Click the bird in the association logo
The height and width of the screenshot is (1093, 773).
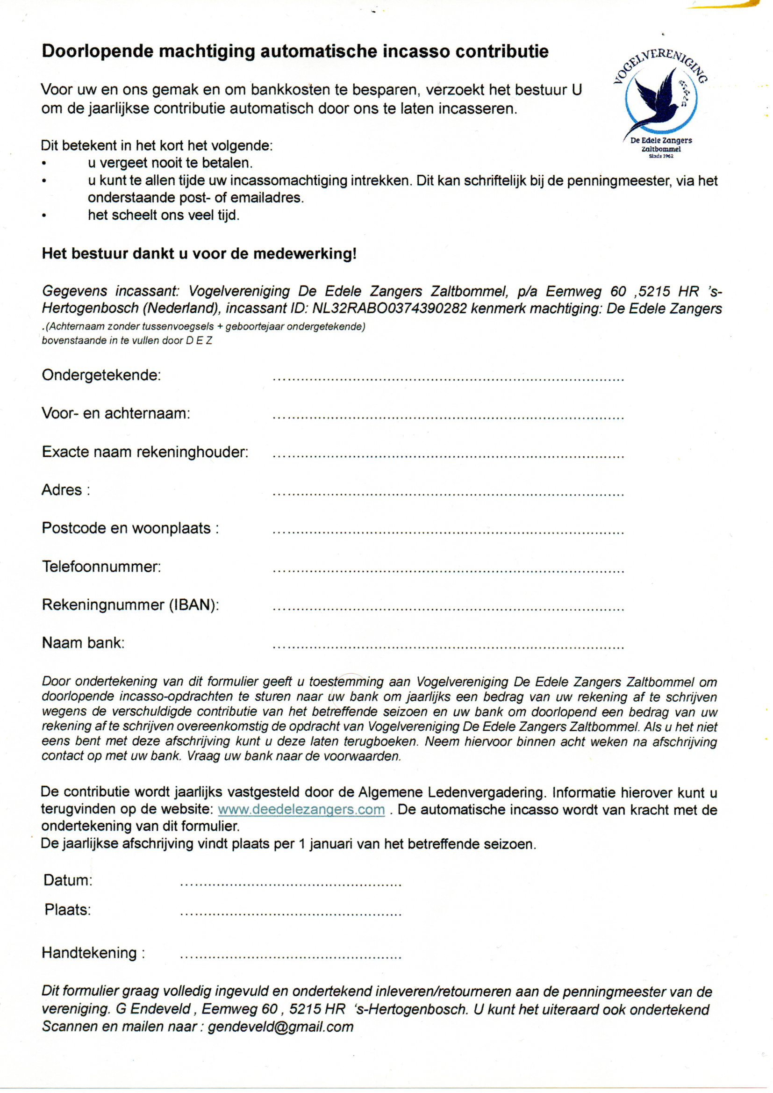(659, 101)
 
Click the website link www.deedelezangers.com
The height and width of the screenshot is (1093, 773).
(301, 809)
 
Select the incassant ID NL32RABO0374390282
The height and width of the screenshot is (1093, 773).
(389, 309)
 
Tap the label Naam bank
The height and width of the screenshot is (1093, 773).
(83, 643)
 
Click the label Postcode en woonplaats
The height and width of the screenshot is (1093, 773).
(130, 528)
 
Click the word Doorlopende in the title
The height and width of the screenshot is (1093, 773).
(97, 51)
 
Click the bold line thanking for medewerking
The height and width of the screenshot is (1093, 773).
(199, 253)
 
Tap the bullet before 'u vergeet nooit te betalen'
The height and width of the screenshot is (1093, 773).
(44, 164)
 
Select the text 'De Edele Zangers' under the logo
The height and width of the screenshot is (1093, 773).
(661, 140)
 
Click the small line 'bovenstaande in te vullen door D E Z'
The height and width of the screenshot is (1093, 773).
(127, 340)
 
